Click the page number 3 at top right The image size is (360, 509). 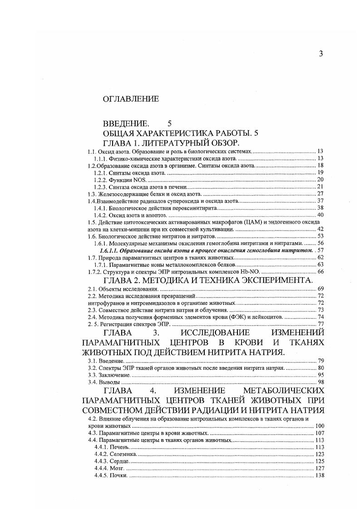point(321,54)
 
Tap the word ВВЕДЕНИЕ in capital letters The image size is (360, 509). point(126,123)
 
